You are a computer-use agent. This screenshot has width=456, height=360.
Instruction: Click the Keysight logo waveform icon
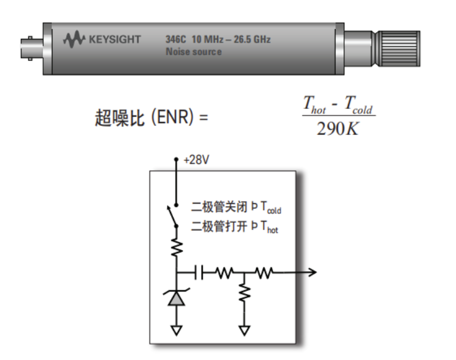click(x=74, y=41)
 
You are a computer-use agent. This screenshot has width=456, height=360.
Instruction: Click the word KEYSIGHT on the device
click(x=115, y=41)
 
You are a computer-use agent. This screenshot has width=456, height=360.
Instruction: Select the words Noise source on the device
click(x=193, y=52)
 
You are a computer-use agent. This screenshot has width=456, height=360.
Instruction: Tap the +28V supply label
click(x=196, y=160)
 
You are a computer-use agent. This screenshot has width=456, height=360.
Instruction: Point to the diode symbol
click(x=177, y=299)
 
